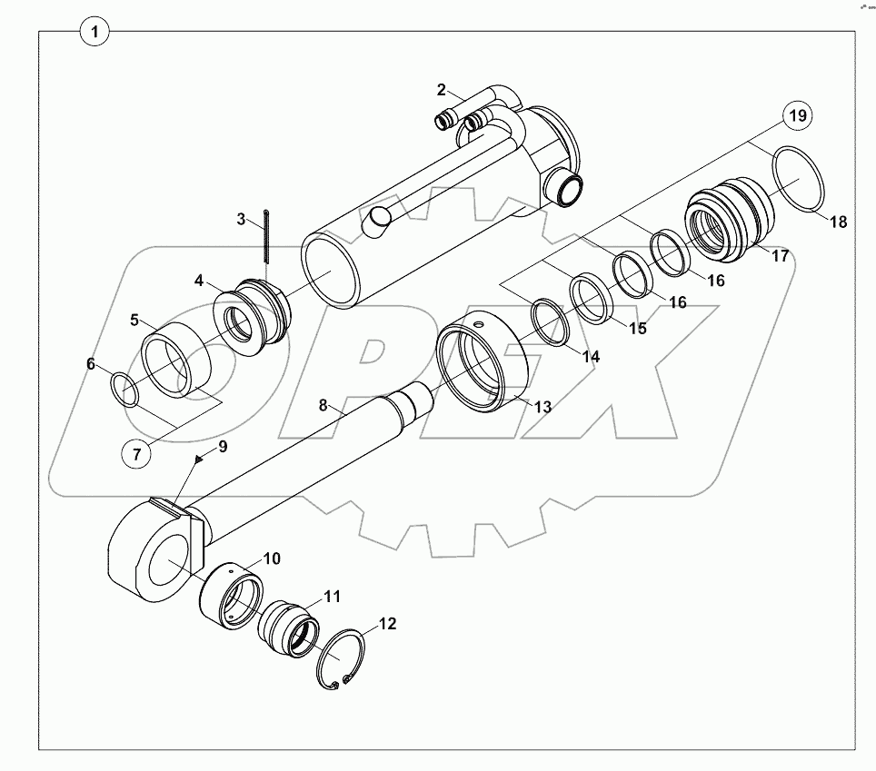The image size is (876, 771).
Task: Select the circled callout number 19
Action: click(x=796, y=116)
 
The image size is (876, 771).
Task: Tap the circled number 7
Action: click(x=136, y=454)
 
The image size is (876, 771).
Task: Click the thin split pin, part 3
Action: click(x=266, y=241)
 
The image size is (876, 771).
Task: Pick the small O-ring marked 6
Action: click(x=125, y=391)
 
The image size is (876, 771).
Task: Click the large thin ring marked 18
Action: click(x=798, y=181)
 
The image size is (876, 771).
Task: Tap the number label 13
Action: click(x=543, y=408)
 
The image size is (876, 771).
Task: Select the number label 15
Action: click(x=638, y=328)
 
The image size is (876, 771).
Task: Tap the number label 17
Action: click(x=781, y=257)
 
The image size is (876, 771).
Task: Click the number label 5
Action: click(x=134, y=320)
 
